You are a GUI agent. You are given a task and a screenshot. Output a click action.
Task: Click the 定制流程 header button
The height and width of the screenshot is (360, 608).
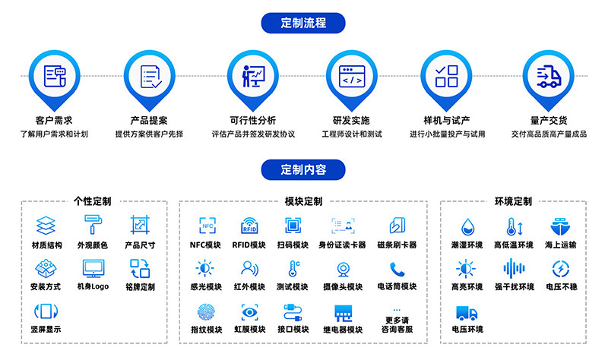(303, 22)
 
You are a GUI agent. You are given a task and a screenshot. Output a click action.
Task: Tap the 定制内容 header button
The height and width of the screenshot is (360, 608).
(303, 169)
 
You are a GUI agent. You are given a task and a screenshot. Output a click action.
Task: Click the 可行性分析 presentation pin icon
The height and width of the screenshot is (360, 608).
(252, 76)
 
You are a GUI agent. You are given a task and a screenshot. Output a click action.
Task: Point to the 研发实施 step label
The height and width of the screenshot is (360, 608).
(350, 120)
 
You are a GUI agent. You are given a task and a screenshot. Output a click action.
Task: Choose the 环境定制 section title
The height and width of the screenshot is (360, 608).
(513, 202)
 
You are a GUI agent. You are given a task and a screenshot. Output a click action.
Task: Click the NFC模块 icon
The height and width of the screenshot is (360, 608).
(206, 226)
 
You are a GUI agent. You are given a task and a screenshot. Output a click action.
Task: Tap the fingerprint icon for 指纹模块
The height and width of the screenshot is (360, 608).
(206, 311)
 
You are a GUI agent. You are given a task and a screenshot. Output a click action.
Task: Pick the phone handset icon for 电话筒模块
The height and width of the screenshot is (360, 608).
(397, 269)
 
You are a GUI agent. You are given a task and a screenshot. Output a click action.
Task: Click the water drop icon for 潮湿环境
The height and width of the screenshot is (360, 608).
(467, 226)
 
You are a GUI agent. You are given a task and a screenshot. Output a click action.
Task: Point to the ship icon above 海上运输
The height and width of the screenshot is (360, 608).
(559, 226)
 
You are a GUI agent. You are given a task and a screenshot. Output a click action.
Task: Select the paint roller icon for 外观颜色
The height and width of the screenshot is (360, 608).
(93, 225)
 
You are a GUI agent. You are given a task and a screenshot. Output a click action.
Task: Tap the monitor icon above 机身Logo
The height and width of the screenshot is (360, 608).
(93, 268)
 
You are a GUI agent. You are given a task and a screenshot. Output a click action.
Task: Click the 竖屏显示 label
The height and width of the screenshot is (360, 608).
(46, 330)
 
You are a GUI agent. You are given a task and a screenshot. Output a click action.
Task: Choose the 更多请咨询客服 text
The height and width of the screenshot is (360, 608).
(397, 325)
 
